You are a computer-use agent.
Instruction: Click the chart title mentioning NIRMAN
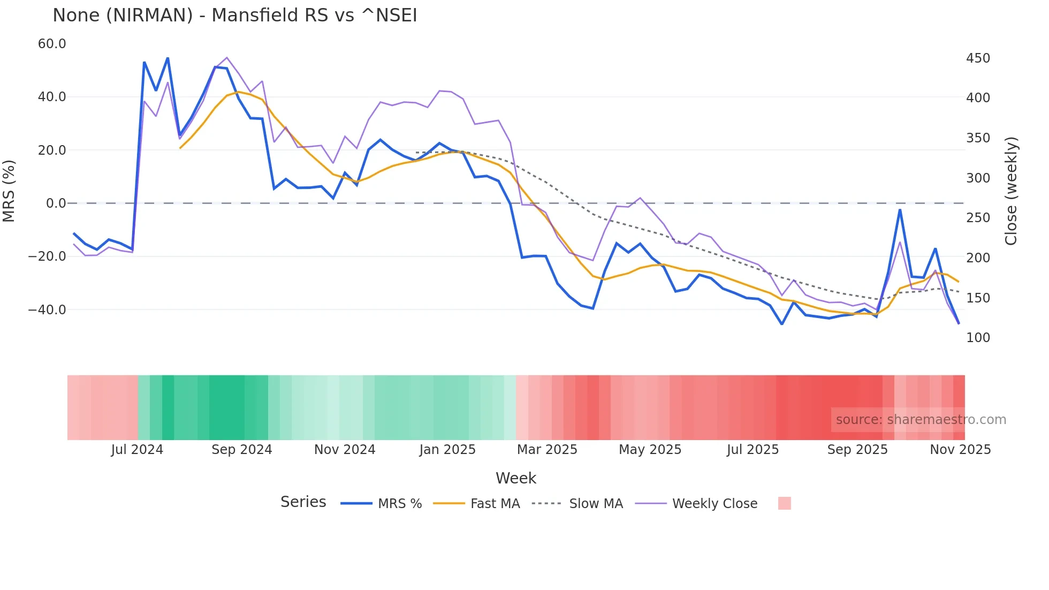tap(234, 16)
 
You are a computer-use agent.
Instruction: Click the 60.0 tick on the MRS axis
tap(52, 44)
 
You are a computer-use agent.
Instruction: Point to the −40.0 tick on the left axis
tap(48, 310)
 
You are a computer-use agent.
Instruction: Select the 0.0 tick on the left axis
tap(56, 203)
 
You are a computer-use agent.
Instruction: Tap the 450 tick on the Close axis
tap(978, 58)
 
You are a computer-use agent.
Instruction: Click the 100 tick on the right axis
tap(978, 338)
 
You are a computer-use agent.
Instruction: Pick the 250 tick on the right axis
tap(978, 218)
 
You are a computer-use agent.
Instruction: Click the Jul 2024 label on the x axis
tap(137, 450)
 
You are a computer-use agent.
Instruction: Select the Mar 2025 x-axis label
tap(547, 450)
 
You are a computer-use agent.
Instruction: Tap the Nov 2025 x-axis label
tap(960, 450)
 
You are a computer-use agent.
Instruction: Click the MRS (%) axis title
tap(9, 191)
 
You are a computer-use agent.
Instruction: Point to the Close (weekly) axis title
tap(1011, 191)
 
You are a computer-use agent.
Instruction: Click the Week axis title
tap(515, 478)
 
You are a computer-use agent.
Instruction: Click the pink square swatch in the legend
tap(784, 503)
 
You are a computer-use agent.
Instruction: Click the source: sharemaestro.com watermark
tap(921, 420)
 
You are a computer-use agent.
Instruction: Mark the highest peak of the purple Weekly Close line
tap(227, 57)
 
